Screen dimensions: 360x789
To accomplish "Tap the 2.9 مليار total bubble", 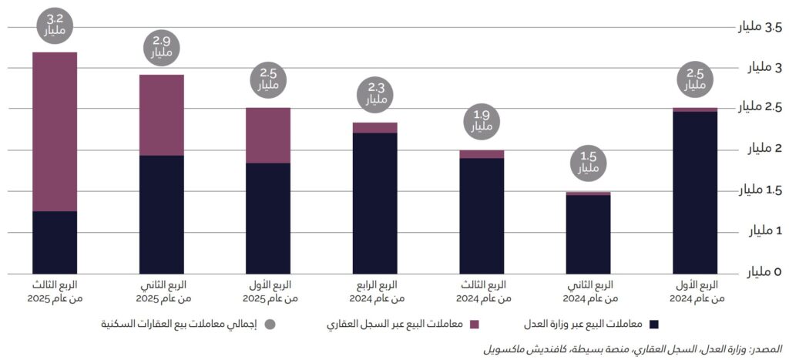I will [161, 48].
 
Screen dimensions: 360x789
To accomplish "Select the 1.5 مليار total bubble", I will [589, 163].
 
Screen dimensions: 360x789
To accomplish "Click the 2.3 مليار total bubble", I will [375, 94].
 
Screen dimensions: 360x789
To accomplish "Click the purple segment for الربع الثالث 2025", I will [55, 131].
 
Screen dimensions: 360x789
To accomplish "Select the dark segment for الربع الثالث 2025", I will [55, 242].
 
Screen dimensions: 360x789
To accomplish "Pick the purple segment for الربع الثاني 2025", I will [161, 115].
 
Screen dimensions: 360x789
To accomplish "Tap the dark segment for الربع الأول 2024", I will [695, 193].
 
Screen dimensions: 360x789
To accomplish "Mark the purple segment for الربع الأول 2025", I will [268, 135].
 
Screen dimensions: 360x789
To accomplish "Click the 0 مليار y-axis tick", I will [767, 273].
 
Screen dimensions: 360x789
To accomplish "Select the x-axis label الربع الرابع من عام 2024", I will [375, 291].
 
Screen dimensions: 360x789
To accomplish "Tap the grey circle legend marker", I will [270, 324].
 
